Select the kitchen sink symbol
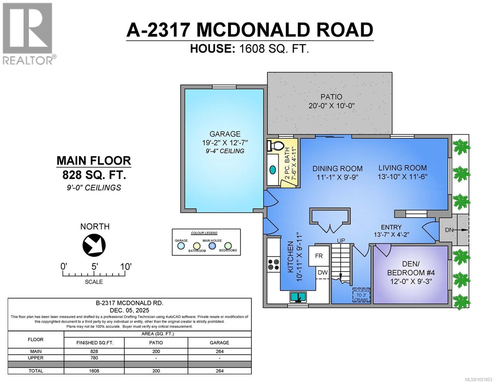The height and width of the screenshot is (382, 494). click(x=298, y=297)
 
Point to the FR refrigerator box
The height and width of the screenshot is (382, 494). click(x=319, y=256)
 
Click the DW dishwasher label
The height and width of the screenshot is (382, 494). click(x=323, y=272)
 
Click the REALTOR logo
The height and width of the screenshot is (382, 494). click(x=28, y=33)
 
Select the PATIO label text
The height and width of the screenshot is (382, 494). click(x=331, y=97)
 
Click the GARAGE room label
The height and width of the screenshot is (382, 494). click(x=225, y=134)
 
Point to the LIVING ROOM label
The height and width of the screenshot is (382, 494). click(x=402, y=168)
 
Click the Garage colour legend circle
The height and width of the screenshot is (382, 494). click(x=181, y=246)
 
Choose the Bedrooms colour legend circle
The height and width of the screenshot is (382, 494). click(x=228, y=246)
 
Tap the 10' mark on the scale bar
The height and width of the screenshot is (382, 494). click(x=125, y=267)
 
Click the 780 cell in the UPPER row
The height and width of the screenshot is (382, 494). click(x=94, y=358)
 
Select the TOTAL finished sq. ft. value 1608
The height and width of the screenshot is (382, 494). click(x=94, y=371)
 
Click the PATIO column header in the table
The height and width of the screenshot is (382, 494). click(x=156, y=343)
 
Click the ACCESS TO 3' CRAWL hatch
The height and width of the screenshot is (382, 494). click(x=361, y=295)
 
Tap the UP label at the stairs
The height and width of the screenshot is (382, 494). click(x=341, y=241)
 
